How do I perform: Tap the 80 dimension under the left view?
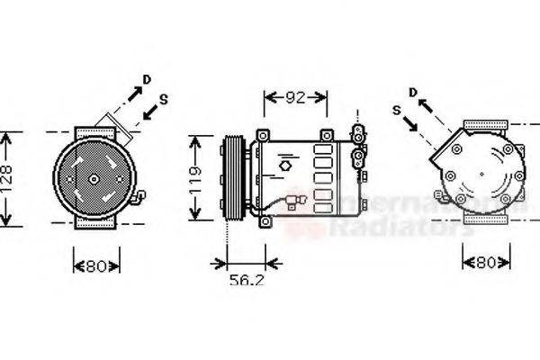coord(90,265)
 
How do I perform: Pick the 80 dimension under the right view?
coord(485,264)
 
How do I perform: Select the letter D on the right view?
coord(411,92)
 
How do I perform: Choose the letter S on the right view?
coord(396,110)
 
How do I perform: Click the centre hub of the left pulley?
coord(92,179)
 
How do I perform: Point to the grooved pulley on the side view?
coord(232,178)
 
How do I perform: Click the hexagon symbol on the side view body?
coord(286,166)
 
